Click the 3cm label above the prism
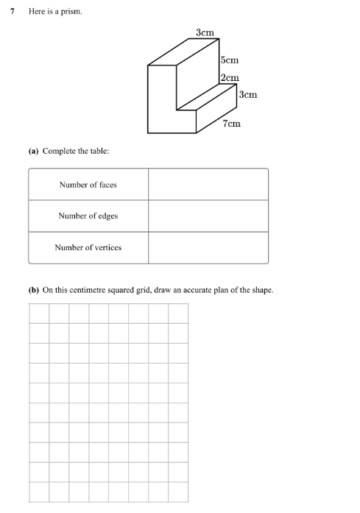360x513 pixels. (205, 32)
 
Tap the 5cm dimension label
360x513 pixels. (229, 61)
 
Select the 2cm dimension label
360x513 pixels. (229, 78)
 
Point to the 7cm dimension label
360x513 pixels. (231, 124)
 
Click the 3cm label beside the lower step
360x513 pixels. (248, 94)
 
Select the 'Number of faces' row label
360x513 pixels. (88, 185)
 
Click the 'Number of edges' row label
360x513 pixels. (88, 216)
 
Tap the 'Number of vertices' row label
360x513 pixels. (88, 247)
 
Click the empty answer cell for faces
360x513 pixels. (208, 185)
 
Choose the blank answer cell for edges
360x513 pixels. (208, 216)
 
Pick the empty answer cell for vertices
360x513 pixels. (208, 247)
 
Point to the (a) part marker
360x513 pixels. (33, 151)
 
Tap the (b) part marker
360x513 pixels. (33, 290)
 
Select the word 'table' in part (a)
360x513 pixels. (99, 151)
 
